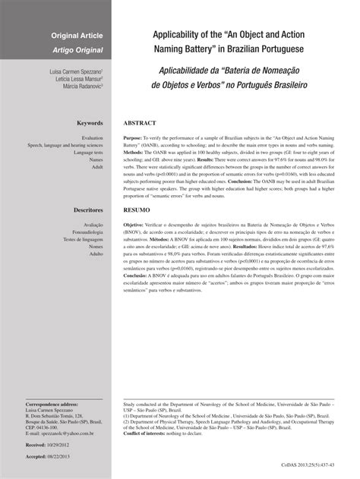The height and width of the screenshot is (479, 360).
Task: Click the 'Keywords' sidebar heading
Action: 90,122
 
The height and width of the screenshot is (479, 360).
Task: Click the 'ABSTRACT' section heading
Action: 141,122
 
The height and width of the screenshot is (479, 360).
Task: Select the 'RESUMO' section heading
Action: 137,207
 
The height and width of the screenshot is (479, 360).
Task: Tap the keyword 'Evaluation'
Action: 92,137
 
